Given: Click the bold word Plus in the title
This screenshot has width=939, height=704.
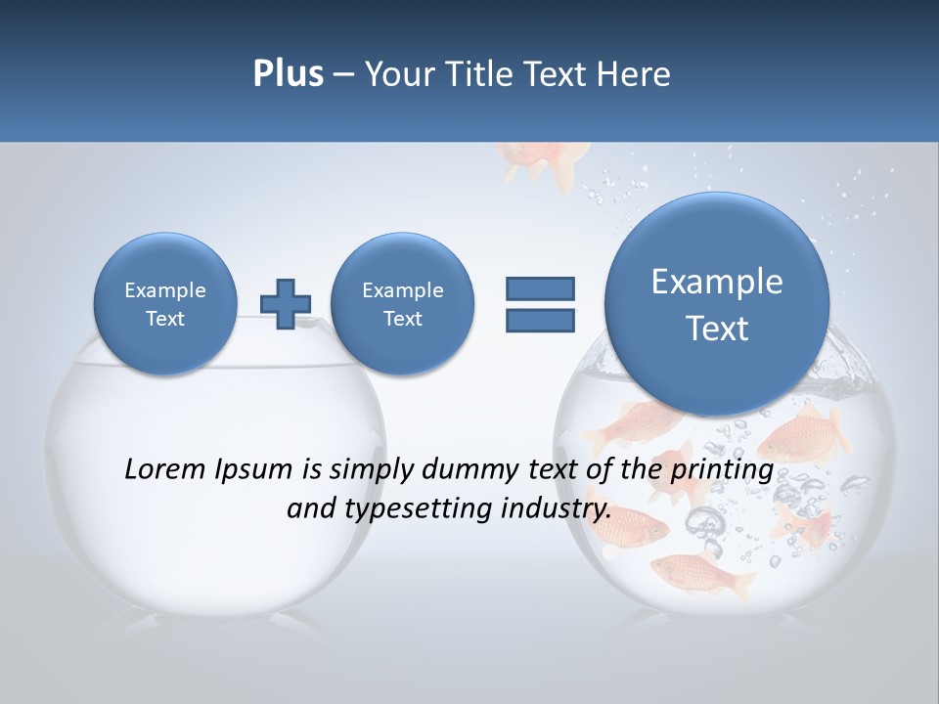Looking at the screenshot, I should coord(288,74).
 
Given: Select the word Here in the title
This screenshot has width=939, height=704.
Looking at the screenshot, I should coord(637,74).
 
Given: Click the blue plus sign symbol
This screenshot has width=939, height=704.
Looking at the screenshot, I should coord(286,304).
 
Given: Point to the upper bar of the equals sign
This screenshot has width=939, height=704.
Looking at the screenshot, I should coord(540,288).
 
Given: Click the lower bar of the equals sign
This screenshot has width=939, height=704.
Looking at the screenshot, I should coord(540,321).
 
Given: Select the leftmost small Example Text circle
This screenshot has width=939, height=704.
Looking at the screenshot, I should coord(164,304).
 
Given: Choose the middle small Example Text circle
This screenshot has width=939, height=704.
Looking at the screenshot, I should coord(402,304).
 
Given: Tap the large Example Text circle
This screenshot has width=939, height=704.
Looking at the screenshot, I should coord(717,304).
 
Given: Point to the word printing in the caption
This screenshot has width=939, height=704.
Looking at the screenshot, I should coord(721,470).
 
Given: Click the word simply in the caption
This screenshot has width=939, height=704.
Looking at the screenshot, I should coord(370,470).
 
